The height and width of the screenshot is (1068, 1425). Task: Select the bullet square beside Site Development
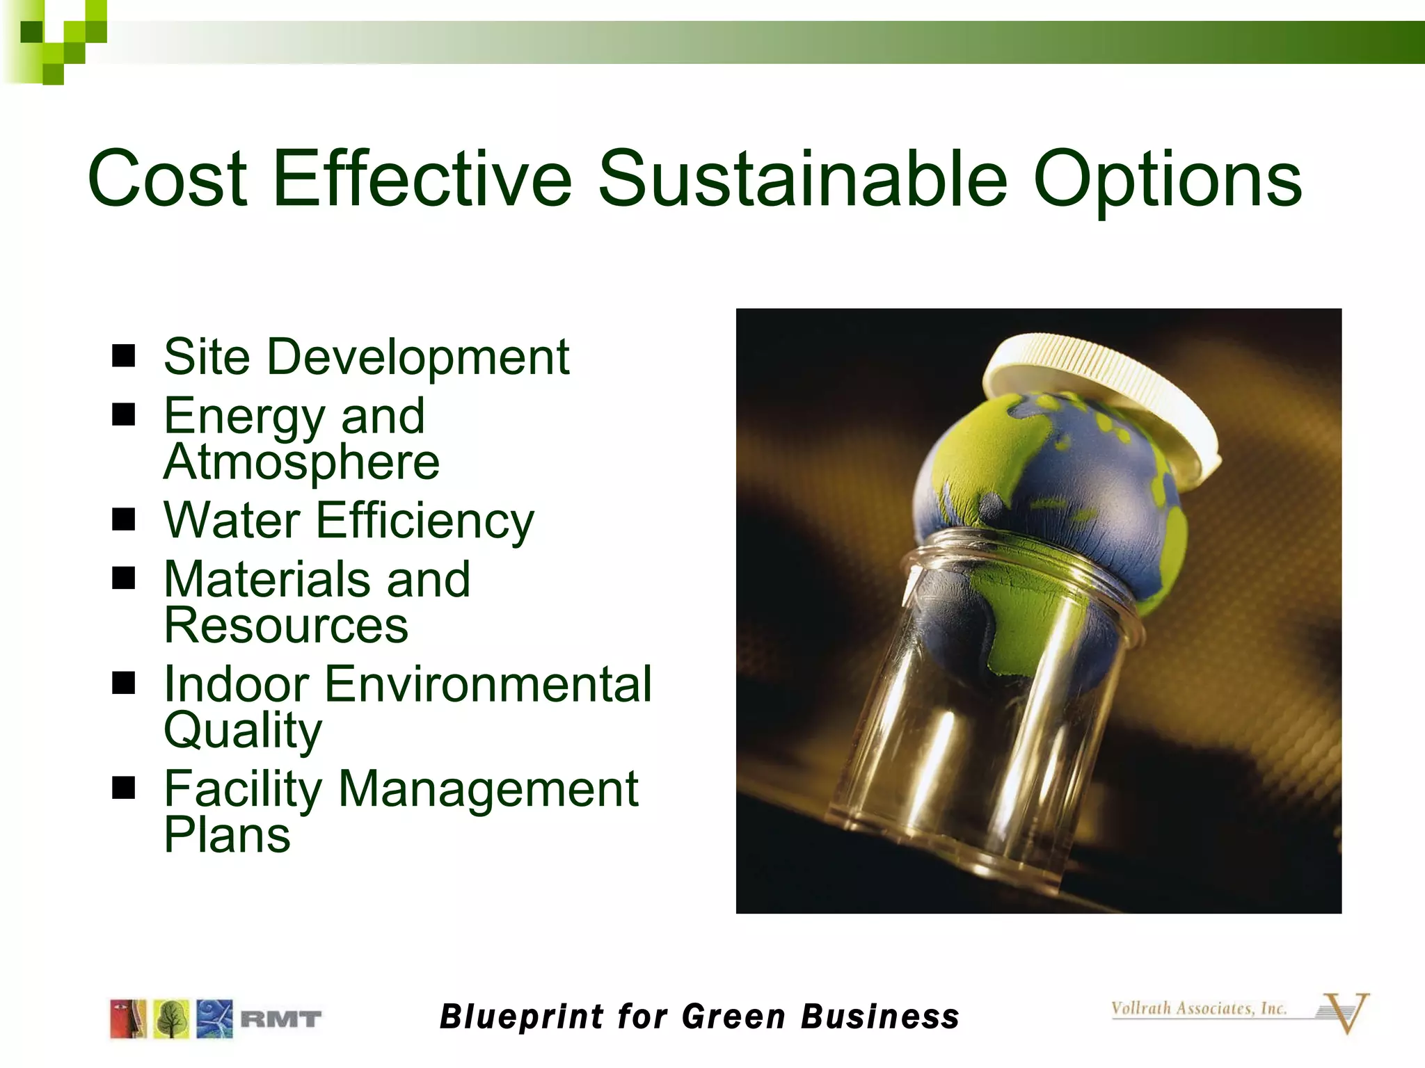(123, 356)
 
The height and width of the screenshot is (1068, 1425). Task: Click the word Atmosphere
(301, 462)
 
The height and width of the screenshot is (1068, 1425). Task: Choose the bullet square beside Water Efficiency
(123, 519)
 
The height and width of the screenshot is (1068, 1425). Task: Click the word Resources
(286, 625)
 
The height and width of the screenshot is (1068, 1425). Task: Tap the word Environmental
(488, 684)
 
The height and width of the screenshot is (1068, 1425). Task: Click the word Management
(488, 789)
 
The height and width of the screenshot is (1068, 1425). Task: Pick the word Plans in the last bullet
(227, 834)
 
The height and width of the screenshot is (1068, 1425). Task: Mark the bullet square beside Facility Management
(123, 788)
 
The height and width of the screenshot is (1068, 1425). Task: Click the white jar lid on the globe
(1106, 389)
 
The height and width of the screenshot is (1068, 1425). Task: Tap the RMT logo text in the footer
(280, 1019)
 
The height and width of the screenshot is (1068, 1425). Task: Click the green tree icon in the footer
(171, 1019)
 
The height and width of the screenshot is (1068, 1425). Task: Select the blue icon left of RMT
(214, 1019)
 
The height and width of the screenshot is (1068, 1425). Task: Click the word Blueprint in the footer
(523, 1017)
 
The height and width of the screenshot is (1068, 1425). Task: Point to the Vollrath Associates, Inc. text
(1198, 1009)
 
